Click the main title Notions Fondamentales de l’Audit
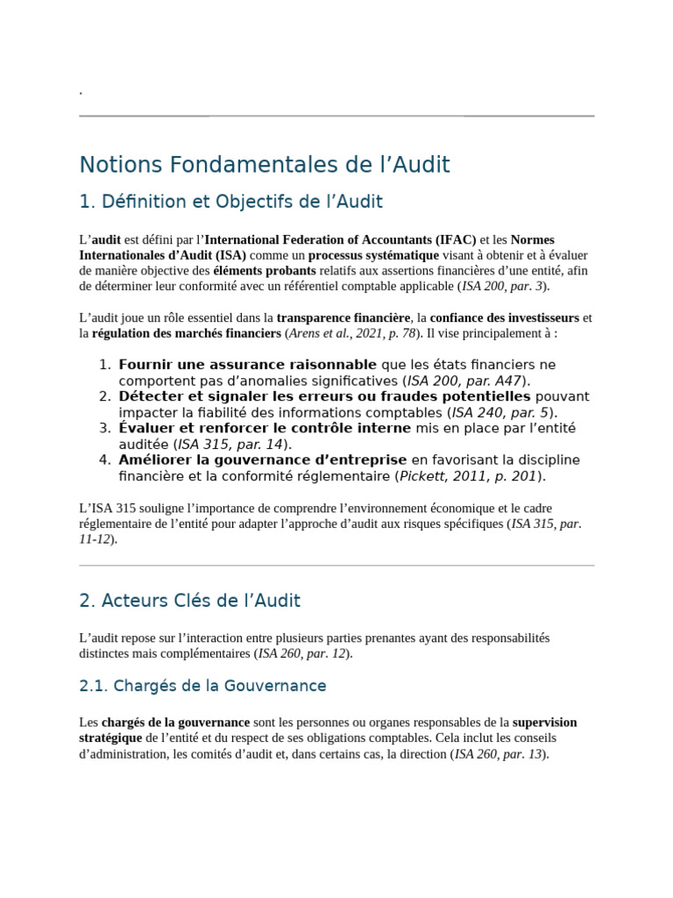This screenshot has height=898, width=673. pyautogui.click(x=264, y=165)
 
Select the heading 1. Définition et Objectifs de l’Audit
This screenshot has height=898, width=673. pyautogui.click(x=230, y=203)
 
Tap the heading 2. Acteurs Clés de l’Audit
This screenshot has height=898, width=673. pyautogui.click(x=189, y=602)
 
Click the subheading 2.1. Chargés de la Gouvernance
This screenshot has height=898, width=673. pyautogui.click(x=202, y=686)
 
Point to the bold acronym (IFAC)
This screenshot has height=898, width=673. pyautogui.click(x=456, y=239)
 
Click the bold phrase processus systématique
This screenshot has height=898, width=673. pyautogui.click(x=373, y=255)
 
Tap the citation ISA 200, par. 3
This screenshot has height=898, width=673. pyautogui.click(x=502, y=287)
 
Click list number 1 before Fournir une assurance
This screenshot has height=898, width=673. pyautogui.click(x=104, y=365)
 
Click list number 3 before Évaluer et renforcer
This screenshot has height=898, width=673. pyautogui.click(x=104, y=428)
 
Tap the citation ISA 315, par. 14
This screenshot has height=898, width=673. pyautogui.click(x=230, y=444)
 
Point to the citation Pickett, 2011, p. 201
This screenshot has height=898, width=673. pyautogui.click(x=468, y=476)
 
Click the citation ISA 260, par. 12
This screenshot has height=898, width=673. pyautogui.click(x=303, y=653)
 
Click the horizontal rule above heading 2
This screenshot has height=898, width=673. pyautogui.click(x=336, y=566)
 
